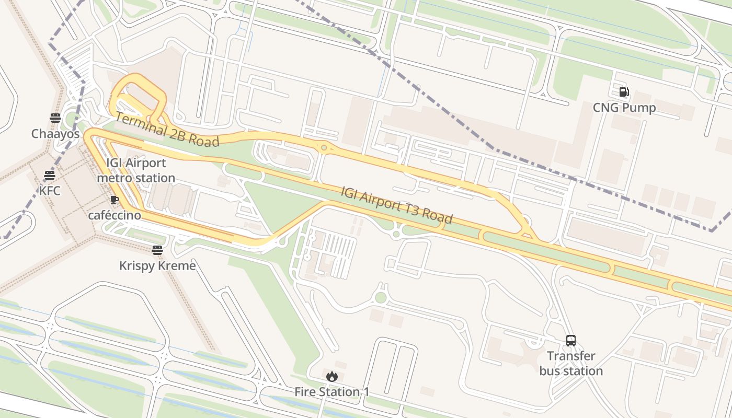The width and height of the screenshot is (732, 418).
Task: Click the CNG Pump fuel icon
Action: click(x=624, y=92)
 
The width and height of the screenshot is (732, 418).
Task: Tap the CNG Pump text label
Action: click(x=624, y=108)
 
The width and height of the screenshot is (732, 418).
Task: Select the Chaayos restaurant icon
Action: click(x=55, y=118)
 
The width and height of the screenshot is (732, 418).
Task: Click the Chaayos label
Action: click(x=55, y=134)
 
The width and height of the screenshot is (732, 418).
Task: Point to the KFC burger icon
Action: click(x=50, y=175)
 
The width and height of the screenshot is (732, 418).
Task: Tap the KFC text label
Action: click(x=50, y=191)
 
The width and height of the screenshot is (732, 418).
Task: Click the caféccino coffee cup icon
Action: click(x=115, y=200)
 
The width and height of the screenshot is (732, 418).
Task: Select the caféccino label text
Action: click(x=115, y=215)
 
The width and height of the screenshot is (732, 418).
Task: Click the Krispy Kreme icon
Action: click(x=157, y=250)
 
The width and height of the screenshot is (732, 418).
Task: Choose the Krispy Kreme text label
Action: click(x=157, y=266)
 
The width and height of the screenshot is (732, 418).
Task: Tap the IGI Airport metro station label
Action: click(x=136, y=170)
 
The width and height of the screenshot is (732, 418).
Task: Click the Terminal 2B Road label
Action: click(x=167, y=130)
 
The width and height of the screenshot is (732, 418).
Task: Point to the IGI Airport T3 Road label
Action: click(x=396, y=205)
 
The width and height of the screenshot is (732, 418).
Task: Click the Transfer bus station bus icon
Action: click(x=571, y=341)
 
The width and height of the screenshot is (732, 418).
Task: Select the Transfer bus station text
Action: click(x=571, y=364)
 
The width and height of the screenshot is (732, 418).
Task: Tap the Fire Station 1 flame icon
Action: click(x=332, y=376)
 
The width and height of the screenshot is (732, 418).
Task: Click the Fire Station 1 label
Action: click(x=332, y=392)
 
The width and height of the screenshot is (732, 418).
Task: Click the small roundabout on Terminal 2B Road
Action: click(x=324, y=148)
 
